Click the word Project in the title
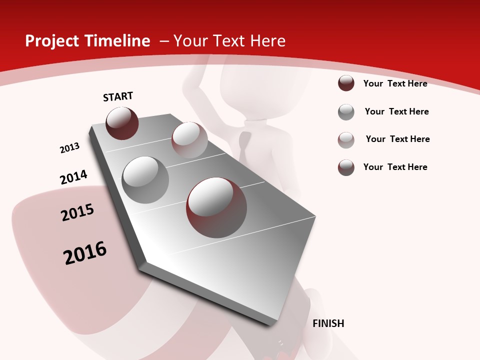click(48, 41)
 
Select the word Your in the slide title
click(189, 41)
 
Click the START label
click(118, 96)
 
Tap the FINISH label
click(328, 323)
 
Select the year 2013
click(69, 148)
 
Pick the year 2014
click(73, 177)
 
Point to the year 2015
click(77, 212)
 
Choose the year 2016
click(85, 253)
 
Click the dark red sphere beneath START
click(122, 123)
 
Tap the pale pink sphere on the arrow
click(189, 140)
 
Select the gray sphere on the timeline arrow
click(145, 180)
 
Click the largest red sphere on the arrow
click(216, 207)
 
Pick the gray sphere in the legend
click(346, 112)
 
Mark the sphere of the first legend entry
click(346, 83)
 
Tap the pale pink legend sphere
click(346, 140)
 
